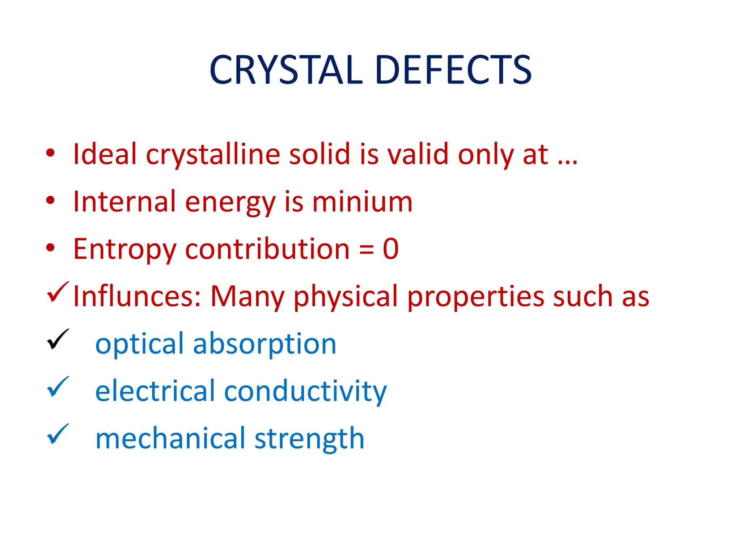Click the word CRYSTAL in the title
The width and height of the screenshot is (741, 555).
286,70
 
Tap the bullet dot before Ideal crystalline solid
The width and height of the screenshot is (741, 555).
50,153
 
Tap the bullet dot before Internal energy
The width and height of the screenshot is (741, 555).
50,200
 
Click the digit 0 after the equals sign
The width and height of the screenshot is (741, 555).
391,249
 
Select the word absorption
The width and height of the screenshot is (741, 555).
264,344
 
